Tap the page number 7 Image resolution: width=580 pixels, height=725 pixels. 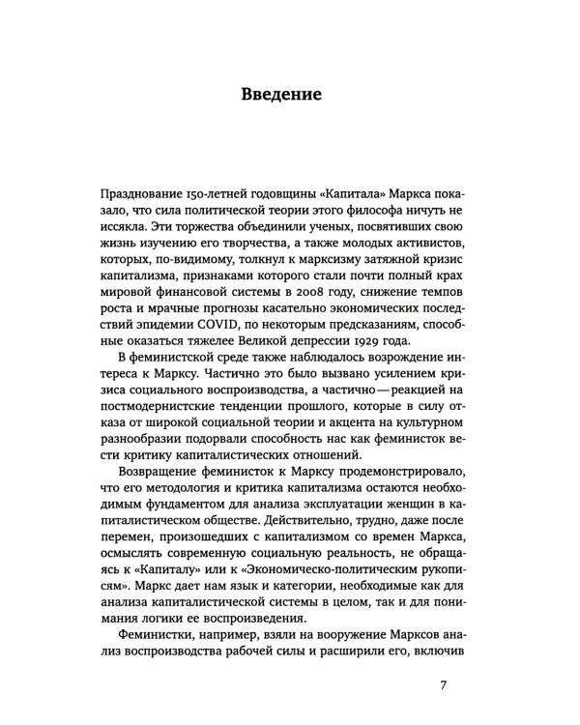443,686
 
